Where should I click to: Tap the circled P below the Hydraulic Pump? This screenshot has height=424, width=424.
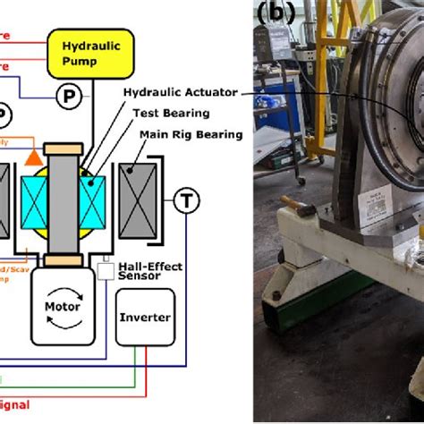click(68, 94)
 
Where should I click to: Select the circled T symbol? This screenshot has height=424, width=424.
click(186, 200)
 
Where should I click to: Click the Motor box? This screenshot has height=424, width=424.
click(62, 305)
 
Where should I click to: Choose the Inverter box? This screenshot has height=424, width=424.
click(145, 317)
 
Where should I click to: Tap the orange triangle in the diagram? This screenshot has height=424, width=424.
click(33, 157)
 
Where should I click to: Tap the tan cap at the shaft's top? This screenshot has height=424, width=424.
click(62, 147)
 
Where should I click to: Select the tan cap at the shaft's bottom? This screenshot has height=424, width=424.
click(63, 260)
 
